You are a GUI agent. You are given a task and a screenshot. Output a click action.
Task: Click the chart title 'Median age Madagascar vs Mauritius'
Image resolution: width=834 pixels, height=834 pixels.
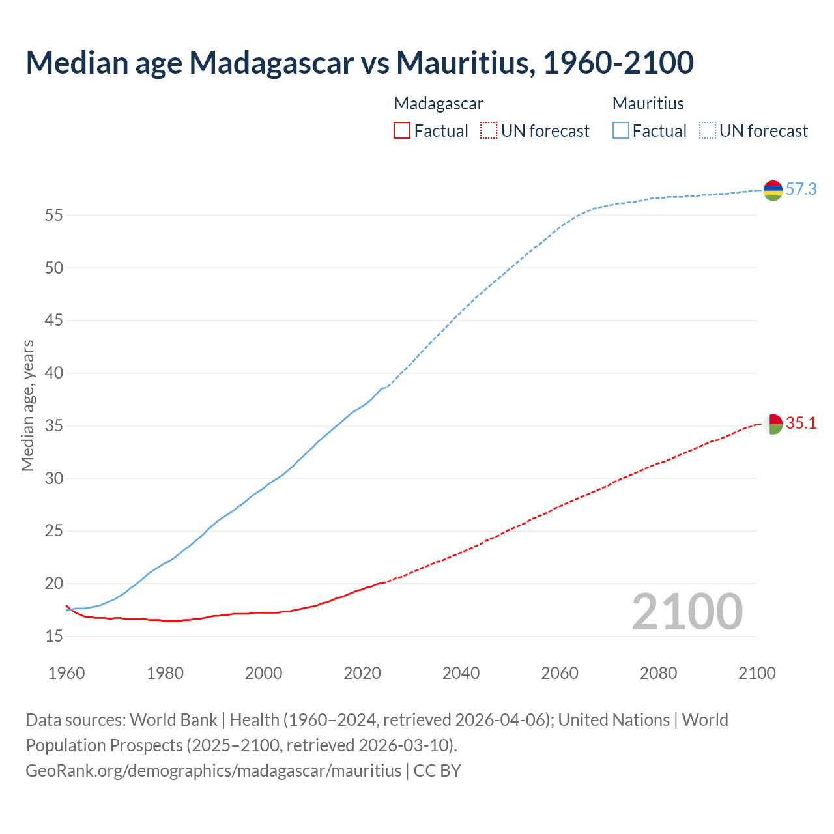pos(359,63)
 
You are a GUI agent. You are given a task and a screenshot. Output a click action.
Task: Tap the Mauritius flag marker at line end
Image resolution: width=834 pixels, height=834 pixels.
pos(773,190)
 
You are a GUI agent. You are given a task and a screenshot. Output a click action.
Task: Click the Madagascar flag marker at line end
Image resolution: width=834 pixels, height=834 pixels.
pos(773,424)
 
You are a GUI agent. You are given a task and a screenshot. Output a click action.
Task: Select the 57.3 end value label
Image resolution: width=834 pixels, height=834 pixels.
pos(801,190)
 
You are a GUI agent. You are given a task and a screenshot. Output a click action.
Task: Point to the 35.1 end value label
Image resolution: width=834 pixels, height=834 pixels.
pos(801,424)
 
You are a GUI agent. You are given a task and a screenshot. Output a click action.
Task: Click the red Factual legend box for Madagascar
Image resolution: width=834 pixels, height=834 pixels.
pos(402,131)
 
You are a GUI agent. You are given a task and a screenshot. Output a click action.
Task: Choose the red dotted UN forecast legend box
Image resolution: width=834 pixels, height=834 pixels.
pos(489,131)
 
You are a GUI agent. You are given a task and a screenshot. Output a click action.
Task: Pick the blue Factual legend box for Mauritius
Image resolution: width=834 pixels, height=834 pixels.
pos(620,131)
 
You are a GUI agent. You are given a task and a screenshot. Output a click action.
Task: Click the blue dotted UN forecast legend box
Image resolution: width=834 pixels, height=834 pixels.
pos(707,131)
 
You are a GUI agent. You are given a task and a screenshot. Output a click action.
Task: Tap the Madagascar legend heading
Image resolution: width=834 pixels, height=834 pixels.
pos(439,104)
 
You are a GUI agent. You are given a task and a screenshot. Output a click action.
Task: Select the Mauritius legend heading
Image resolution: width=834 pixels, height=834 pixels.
pos(648,104)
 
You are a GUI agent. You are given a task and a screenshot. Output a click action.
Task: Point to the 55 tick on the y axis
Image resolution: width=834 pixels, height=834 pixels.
pos(53,215)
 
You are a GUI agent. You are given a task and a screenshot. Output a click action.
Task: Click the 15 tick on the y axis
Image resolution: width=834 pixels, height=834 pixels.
pos(53,636)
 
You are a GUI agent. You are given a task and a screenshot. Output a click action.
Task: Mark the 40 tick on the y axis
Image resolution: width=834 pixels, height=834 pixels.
pos(53,373)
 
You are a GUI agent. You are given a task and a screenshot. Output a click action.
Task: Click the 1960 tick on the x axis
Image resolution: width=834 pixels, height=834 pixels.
pos(66,673)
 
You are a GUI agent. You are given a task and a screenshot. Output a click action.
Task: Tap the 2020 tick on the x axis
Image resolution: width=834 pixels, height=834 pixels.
pos(362,673)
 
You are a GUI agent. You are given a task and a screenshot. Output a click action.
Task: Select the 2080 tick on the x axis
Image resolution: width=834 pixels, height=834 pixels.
pos(658,673)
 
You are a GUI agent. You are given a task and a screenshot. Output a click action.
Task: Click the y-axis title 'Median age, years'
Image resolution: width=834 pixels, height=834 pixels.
pos(27,405)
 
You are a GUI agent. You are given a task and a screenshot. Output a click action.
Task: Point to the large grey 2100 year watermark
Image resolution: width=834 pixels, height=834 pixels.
pos(687,612)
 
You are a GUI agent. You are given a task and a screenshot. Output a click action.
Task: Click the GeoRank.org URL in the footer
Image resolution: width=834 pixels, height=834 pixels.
pos(213,771)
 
